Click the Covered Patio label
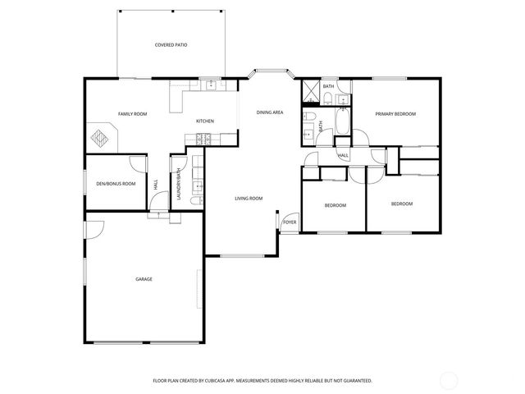(171, 45)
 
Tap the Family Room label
(132, 114)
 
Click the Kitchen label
(205, 121)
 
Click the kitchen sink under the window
(211, 84)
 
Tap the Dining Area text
(270, 112)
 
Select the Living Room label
(249, 198)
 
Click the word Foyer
(289, 222)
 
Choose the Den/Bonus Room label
(116, 183)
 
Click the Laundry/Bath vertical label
(178, 185)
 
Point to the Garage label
(144, 279)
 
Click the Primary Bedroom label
(395, 114)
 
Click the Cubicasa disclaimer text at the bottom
(262, 381)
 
